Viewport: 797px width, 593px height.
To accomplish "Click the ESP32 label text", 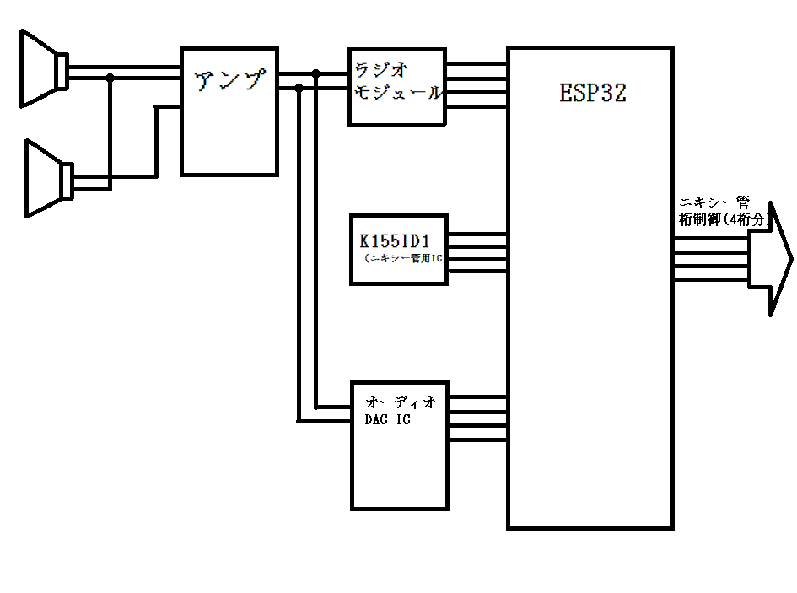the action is (593, 93).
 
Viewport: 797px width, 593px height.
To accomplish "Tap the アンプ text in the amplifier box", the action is (230, 80).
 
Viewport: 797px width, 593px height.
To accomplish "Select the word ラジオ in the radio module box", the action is (380, 70).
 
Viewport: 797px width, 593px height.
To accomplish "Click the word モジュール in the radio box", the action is (398, 92).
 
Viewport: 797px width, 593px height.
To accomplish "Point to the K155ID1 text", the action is (395, 240).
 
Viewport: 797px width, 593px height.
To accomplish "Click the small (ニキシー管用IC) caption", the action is (405, 258).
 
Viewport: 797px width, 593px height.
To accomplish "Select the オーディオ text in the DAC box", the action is (401, 403).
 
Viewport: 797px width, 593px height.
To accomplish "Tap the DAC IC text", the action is (387, 419).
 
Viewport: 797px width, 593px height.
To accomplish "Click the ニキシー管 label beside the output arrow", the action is (714, 203).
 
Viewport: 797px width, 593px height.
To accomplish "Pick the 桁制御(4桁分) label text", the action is (724, 219).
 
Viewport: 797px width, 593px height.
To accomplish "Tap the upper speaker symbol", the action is (44, 69).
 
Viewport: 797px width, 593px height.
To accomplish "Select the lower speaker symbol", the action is (49, 179).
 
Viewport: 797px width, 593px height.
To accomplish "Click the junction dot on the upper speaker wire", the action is (110, 78).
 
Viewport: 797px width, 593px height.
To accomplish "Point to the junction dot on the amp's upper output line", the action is (315, 73).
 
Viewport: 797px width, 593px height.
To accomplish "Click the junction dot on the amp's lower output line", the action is (299, 88).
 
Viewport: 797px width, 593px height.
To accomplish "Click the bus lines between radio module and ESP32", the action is (477, 85).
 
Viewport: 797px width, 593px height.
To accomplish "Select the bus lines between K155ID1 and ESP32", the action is (477, 253).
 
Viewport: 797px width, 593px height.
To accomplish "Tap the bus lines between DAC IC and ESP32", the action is (478, 418).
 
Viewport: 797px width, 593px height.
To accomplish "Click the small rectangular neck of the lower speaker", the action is (67, 181).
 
